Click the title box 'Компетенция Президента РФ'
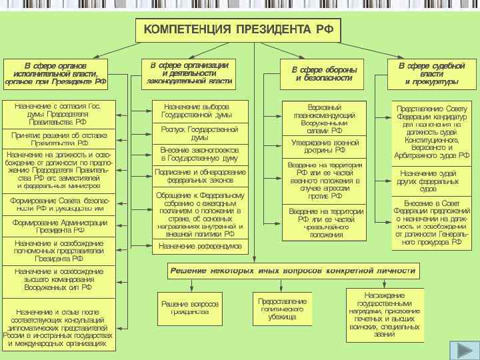[238, 30]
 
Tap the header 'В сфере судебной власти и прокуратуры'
[431, 73]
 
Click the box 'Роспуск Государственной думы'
[199, 133]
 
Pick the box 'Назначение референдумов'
[199, 247]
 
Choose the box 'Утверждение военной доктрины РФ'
[324, 146]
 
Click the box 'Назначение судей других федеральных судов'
[432, 181]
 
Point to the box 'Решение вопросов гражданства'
[190, 307]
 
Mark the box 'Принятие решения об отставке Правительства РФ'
[59, 139]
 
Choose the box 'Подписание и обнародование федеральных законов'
[199, 177]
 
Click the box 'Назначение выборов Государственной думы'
[199, 111]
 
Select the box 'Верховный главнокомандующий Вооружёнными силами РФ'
[324, 119]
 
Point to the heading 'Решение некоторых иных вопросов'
[293, 271]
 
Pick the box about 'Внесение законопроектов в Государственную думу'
[199, 155]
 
